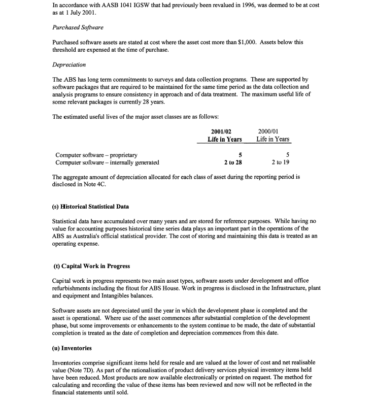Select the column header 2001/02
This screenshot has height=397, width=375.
[224, 131]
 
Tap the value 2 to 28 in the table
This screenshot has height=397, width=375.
[232, 162]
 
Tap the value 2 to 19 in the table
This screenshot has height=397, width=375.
[281, 162]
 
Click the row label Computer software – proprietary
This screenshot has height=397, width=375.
[96, 155]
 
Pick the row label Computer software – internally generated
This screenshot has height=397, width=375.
[107, 162]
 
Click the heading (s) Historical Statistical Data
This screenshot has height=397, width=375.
[91, 207]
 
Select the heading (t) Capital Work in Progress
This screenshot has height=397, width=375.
[91, 266]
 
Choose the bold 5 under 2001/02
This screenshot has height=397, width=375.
[240, 155]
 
